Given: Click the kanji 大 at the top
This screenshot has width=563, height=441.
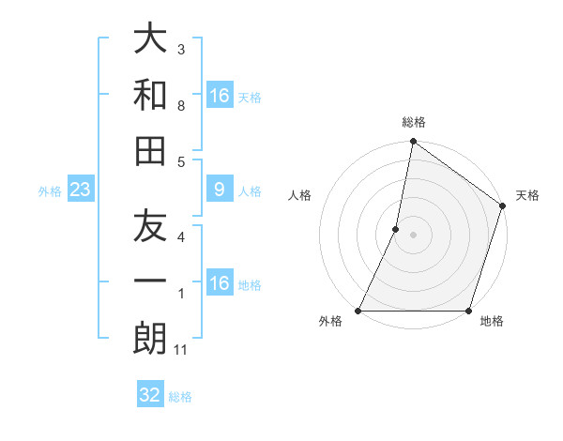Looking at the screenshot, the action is [x=150, y=39].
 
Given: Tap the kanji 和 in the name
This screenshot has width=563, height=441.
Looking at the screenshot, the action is [x=150, y=95].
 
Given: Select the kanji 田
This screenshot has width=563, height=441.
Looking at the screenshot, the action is [x=150, y=150].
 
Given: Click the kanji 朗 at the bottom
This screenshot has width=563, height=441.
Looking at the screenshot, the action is [x=150, y=339].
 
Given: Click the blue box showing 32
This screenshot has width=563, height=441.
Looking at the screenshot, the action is [x=150, y=395].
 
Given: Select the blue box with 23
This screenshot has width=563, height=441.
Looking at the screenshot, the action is [x=81, y=190].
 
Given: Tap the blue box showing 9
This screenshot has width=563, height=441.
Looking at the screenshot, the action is [x=219, y=190].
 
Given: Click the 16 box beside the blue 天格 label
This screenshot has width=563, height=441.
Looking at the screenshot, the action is [x=219, y=96].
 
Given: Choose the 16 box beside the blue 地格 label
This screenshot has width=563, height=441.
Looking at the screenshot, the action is [x=219, y=283].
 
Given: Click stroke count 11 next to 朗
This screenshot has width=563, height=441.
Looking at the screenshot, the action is [x=181, y=350].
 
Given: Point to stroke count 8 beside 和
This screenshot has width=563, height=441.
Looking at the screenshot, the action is [x=181, y=106].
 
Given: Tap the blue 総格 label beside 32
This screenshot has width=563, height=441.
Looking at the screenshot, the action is [x=180, y=397].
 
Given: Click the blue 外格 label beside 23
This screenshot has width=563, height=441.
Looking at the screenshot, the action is [x=50, y=191].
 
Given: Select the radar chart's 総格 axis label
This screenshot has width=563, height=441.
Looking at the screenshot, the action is [x=414, y=122].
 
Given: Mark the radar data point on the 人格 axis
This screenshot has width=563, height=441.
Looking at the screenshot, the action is [x=396, y=229].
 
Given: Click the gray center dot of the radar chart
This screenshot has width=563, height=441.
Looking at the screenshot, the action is [x=414, y=235].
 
